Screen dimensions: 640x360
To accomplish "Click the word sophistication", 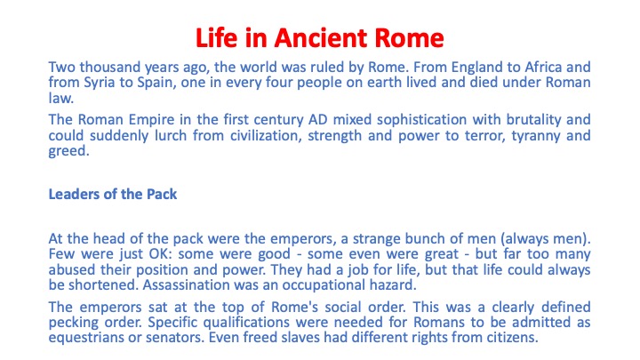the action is [421, 120].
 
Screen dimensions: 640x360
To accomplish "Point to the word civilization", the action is [266, 136].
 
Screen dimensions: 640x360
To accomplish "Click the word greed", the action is [68, 152].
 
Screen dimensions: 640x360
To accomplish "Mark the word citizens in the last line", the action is [512, 338].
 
